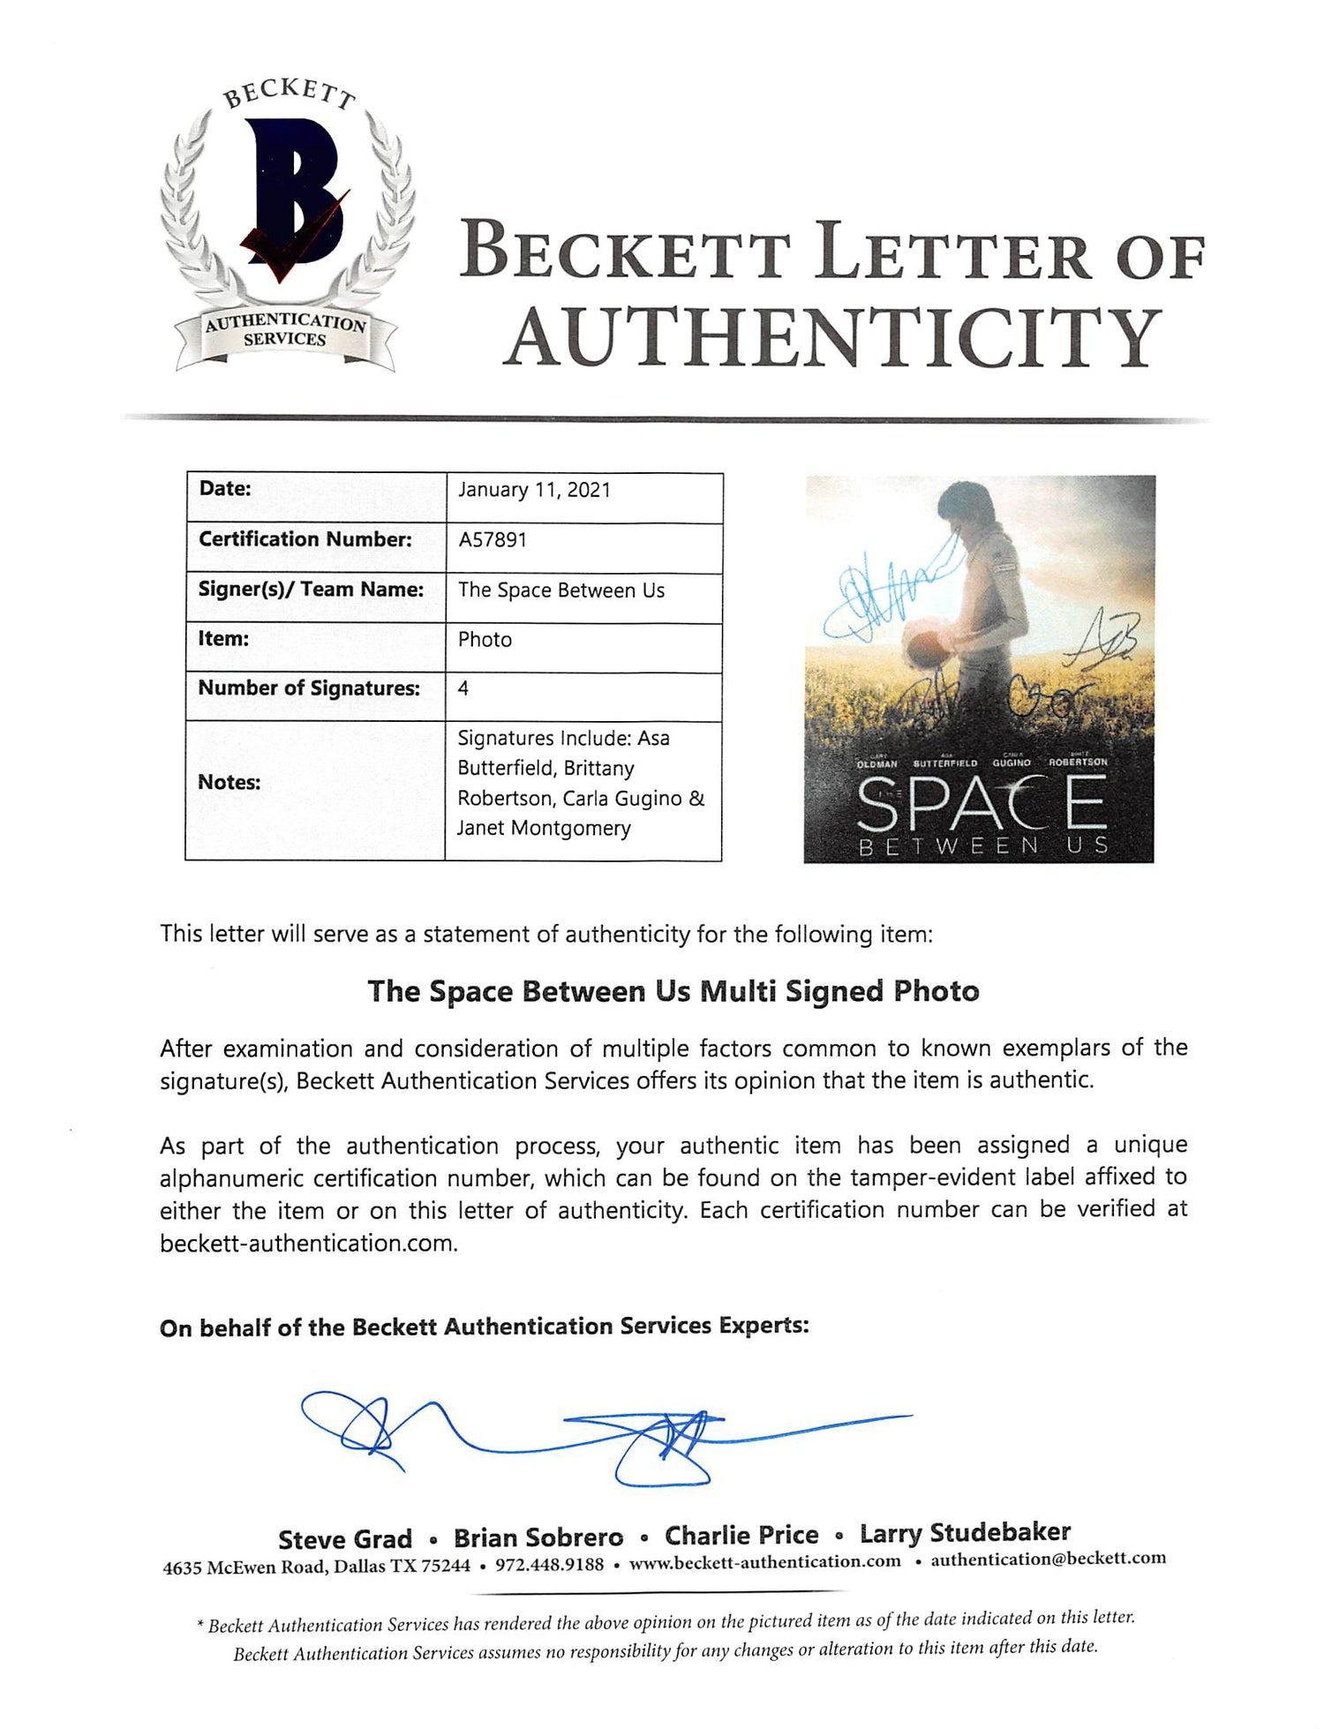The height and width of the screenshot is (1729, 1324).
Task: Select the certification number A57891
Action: (493, 539)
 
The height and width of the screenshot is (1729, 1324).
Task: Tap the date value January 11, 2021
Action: (534, 490)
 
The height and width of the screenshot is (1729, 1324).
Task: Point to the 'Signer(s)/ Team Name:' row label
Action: (311, 589)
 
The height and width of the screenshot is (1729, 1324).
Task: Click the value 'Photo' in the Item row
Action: (485, 639)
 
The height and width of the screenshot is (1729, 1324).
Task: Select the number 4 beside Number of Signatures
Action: (463, 688)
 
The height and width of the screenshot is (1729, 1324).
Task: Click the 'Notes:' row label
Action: (229, 782)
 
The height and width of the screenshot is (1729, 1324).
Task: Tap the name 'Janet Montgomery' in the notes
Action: (544, 828)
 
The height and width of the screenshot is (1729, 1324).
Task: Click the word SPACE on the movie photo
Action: (980, 803)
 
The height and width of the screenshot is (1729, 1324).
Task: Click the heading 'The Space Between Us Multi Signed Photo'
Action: (673, 991)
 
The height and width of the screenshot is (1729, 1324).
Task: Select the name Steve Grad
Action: (345, 1539)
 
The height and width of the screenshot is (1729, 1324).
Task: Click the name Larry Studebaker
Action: (966, 1533)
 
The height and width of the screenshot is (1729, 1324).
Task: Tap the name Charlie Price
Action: (741, 1536)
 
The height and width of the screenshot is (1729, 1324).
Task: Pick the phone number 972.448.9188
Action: (550, 1565)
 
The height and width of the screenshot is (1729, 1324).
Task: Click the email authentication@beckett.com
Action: (1049, 1559)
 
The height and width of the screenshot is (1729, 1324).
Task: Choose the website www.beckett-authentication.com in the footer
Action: (765, 1562)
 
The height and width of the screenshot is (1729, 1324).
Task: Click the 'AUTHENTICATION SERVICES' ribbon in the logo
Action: (285, 331)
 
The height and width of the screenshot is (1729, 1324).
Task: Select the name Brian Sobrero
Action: (538, 1537)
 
